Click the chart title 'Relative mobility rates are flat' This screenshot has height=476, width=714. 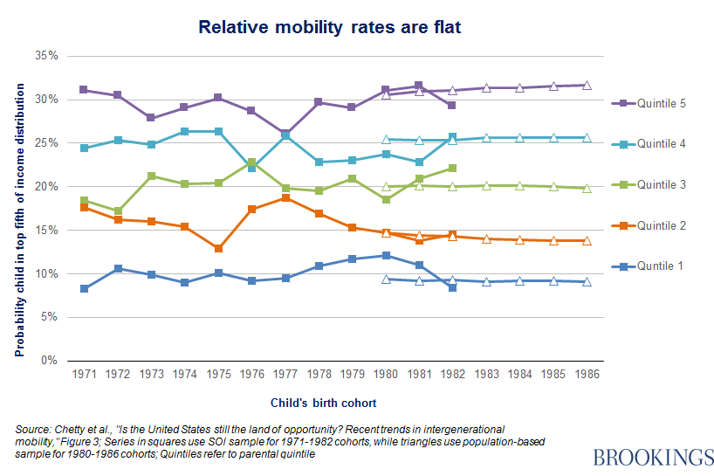pos(329,27)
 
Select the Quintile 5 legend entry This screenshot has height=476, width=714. pos(660,104)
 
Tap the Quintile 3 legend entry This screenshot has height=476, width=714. pos(660,185)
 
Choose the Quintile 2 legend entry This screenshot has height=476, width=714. pos(660,225)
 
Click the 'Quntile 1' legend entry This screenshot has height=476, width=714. pos(658,266)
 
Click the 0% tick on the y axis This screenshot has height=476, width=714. pos(51,361)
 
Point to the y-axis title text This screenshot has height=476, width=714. pos(18,208)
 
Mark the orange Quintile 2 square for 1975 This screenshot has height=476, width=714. pos(218,249)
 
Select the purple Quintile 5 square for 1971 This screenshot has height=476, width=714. pos(85,90)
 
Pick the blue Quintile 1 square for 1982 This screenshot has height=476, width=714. pos(452,287)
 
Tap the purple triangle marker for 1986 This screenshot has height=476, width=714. pos(587,85)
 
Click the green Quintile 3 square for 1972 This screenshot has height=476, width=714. pos(118,211)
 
